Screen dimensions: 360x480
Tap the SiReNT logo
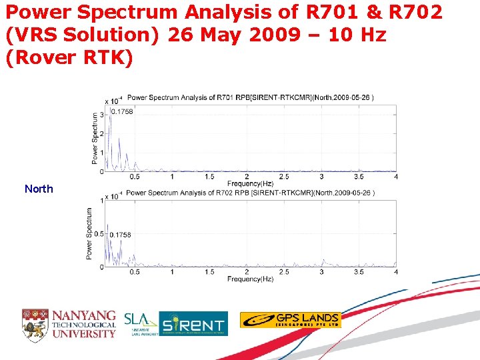[193, 323]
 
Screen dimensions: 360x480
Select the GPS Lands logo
[290, 320]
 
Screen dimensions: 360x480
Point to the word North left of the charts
[39, 189]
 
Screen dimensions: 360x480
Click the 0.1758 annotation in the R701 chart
[121, 111]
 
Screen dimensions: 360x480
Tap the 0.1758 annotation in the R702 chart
[120, 235]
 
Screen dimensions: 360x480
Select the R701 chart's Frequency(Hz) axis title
[250, 183]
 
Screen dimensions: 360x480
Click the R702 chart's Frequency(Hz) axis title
[250, 279]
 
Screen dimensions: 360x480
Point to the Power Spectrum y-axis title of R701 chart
[95, 137]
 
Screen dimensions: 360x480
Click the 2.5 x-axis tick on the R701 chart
[284, 177]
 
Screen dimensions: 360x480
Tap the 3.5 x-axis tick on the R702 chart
[359, 272]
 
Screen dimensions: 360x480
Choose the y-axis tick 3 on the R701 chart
[101, 115]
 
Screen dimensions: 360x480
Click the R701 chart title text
[250, 97]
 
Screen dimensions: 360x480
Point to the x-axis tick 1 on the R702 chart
[172, 272]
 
